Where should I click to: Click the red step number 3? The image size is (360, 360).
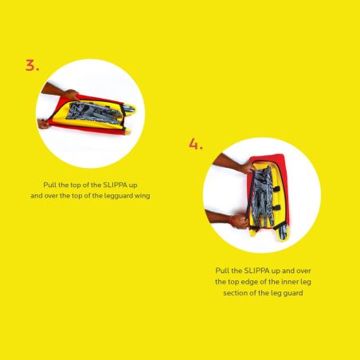32,65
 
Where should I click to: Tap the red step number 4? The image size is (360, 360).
195,144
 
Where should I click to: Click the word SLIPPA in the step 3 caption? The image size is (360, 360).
115,185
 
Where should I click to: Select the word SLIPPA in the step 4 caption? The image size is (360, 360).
256,271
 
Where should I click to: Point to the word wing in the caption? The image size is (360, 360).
143,196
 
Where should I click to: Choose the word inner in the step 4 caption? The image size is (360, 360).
287,282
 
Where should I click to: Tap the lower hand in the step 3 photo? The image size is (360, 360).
44,124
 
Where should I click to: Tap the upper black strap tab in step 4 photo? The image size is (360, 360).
276,189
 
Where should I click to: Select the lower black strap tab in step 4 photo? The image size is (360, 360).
276,207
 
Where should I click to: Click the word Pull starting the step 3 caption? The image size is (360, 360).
49,185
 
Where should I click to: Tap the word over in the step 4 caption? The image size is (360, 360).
303,271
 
